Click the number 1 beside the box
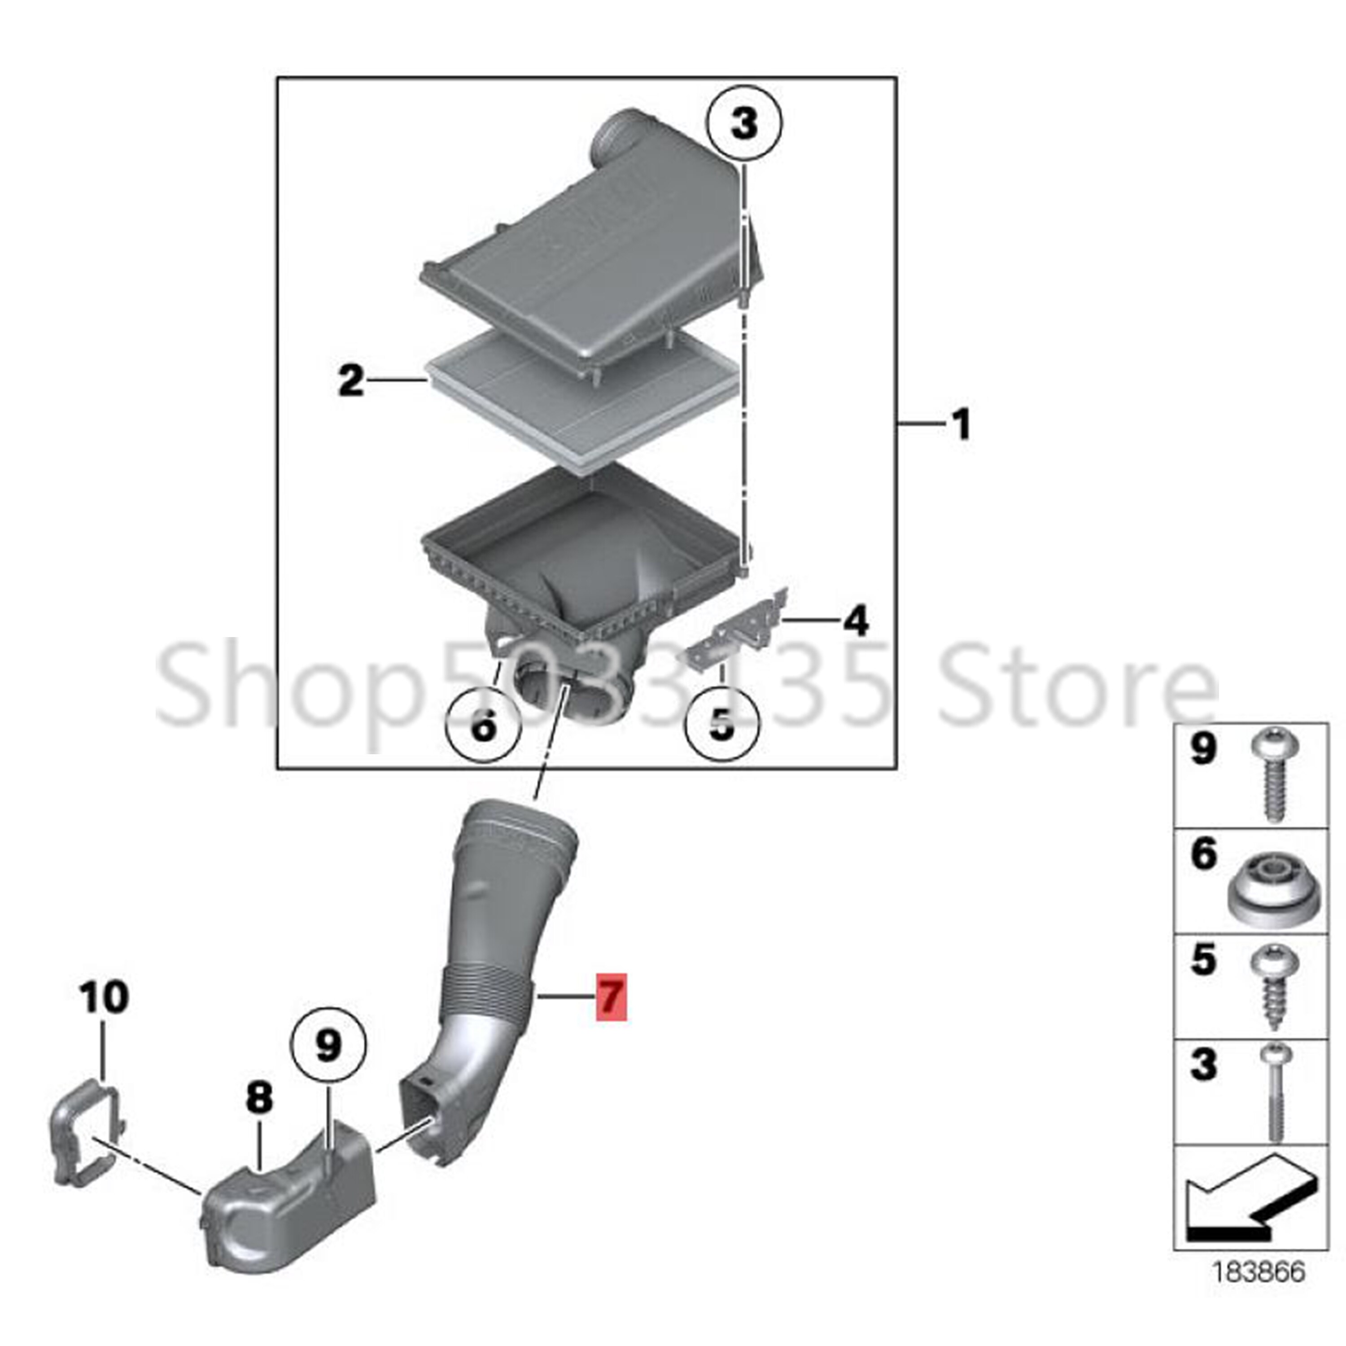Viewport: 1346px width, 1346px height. [x=961, y=424]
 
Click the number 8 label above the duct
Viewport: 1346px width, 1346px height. [x=259, y=1099]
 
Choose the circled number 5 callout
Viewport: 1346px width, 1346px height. [x=722, y=725]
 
